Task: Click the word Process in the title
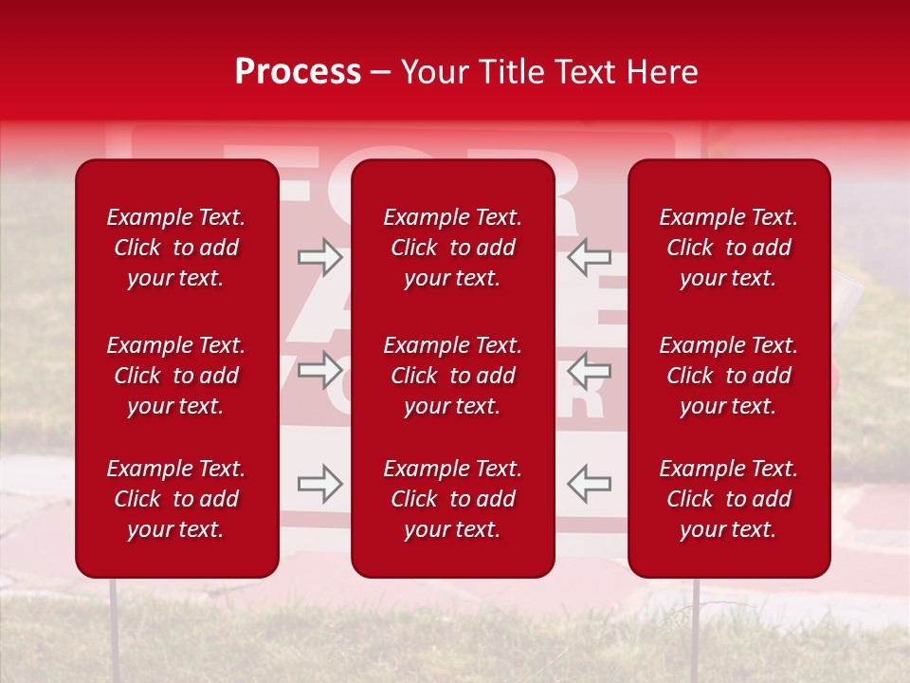pyautogui.click(x=298, y=72)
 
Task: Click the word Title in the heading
pyautogui.click(x=515, y=72)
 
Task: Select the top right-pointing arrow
pyautogui.click(x=319, y=256)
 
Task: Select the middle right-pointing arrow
pyautogui.click(x=319, y=370)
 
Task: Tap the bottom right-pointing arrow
pyautogui.click(x=319, y=484)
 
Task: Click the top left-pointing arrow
pyautogui.click(x=590, y=256)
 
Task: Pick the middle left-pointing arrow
pyautogui.click(x=590, y=370)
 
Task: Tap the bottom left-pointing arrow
pyautogui.click(x=590, y=484)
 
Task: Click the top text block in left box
pyautogui.click(x=176, y=248)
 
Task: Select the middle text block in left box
pyautogui.click(x=176, y=376)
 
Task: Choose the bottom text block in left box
pyautogui.click(x=176, y=499)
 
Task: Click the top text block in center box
pyautogui.click(x=453, y=248)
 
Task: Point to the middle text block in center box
pyautogui.click(x=453, y=376)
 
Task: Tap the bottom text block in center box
pyautogui.click(x=453, y=499)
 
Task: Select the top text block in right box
pyautogui.click(x=729, y=248)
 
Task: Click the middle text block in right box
pyautogui.click(x=729, y=376)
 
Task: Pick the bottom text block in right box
pyautogui.click(x=729, y=499)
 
